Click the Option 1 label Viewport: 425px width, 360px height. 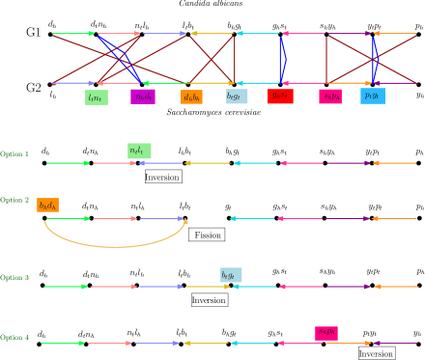(14, 154)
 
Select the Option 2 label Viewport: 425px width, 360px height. (14, 201)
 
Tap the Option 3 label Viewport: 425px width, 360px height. (14, 278)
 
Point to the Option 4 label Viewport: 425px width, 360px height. (14, 338)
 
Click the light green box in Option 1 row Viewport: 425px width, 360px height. (139, 151)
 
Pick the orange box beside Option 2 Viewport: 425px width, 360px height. (47, 205)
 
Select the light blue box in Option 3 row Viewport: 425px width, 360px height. (231, 275)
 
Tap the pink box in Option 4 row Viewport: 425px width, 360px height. (326, 333)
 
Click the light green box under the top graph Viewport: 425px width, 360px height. (96, 97)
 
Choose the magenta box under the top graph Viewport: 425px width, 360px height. (143, 97)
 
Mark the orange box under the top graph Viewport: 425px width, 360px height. (191, 97)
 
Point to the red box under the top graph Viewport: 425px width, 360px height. (280, 96)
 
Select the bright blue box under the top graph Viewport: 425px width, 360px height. (373, 96)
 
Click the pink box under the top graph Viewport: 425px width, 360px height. (330, 97)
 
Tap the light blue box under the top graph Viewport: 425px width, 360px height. (237, 96)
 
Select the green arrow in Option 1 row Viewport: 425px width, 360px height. (68, 163)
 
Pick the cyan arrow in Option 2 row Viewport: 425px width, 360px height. (252, 218)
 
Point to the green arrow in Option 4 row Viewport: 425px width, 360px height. (63, 344)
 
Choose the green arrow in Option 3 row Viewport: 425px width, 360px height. (66, 287)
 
